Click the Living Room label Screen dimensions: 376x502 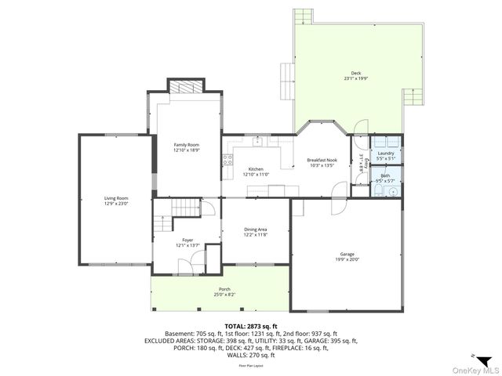pos(116,198)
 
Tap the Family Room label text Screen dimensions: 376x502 pos(187,145)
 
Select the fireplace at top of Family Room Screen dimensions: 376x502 pos(187,88)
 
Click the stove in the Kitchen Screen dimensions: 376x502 pos(228,160)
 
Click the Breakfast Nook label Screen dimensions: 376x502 pos(322,160)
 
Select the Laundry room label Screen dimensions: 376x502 pos(385,153)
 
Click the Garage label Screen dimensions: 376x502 pos(347,255)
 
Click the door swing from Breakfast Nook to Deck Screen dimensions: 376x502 pos(359,128)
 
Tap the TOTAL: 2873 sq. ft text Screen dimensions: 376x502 pos(251,325)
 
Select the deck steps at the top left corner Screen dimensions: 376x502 pos(304,17)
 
